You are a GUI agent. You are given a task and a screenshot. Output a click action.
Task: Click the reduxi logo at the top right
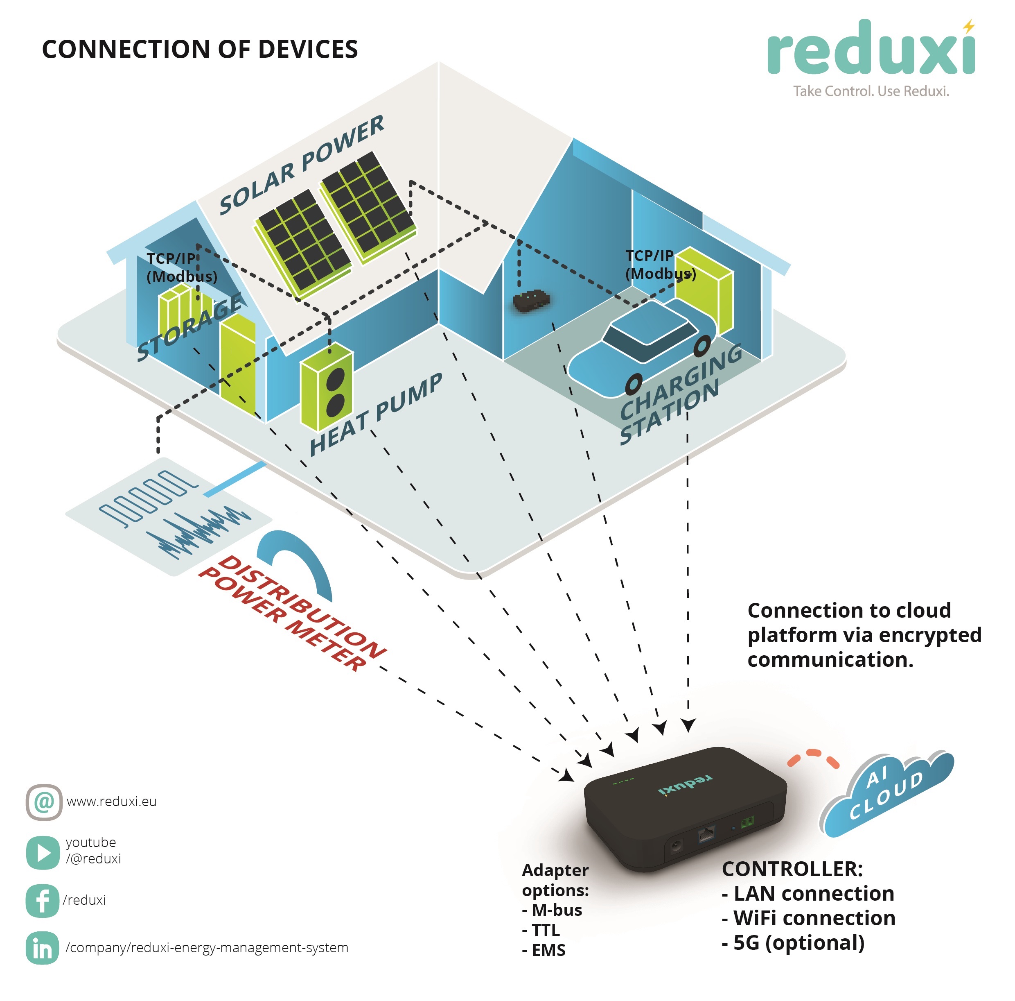click(871, 50)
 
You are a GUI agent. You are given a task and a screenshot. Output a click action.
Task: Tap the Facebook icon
click(42, 901)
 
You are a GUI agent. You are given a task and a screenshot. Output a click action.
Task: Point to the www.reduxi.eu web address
click(111, 802)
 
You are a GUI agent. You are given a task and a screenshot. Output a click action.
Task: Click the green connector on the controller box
click(747, 822)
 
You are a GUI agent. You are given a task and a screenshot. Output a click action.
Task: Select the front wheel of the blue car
click(634, 384)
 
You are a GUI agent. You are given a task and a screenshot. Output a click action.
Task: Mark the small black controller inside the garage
click(532, 301)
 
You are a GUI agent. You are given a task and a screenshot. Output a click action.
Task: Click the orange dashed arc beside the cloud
click(813, 758)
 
